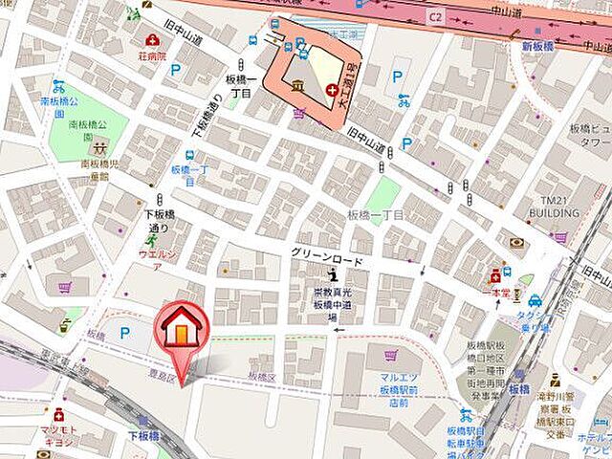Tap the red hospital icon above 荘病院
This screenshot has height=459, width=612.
152,40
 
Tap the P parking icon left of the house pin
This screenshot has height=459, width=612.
124,333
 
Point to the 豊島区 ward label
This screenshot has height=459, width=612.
162,376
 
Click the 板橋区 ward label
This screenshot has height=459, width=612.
261,377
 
